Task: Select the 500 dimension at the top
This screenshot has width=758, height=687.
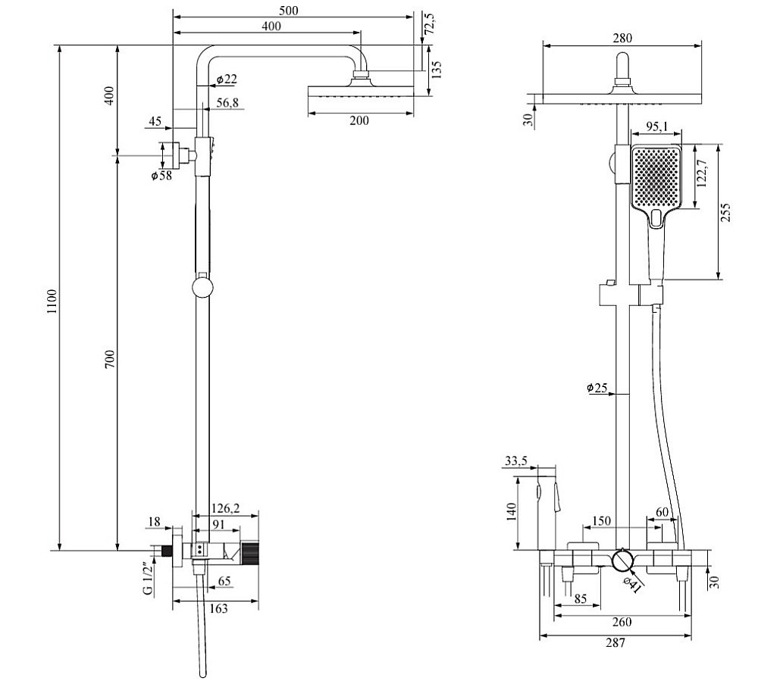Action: (289, 10)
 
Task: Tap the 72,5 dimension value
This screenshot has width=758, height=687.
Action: (429, 24)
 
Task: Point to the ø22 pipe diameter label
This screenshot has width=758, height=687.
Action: (226, 80)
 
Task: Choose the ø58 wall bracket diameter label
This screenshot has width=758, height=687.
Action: (161, 176)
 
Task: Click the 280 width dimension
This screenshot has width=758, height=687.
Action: (622, 39)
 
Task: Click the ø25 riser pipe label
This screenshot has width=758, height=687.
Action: (598, 388)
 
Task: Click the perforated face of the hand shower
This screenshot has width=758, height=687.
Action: (657, 176)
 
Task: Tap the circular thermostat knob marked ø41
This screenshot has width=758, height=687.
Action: (623, 561)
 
